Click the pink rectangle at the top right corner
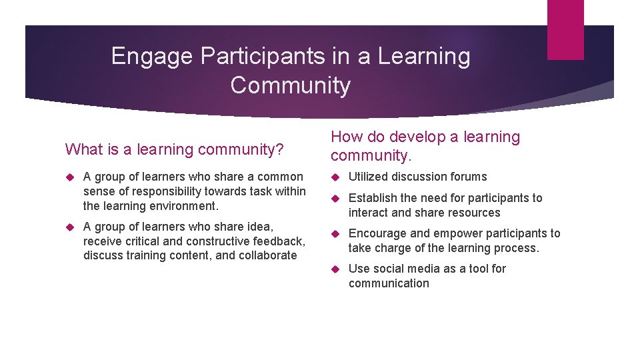[565, 29]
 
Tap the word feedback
[278, 241]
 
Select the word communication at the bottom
[389, 283]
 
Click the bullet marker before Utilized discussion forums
[335, 177]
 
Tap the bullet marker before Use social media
[335, 269]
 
